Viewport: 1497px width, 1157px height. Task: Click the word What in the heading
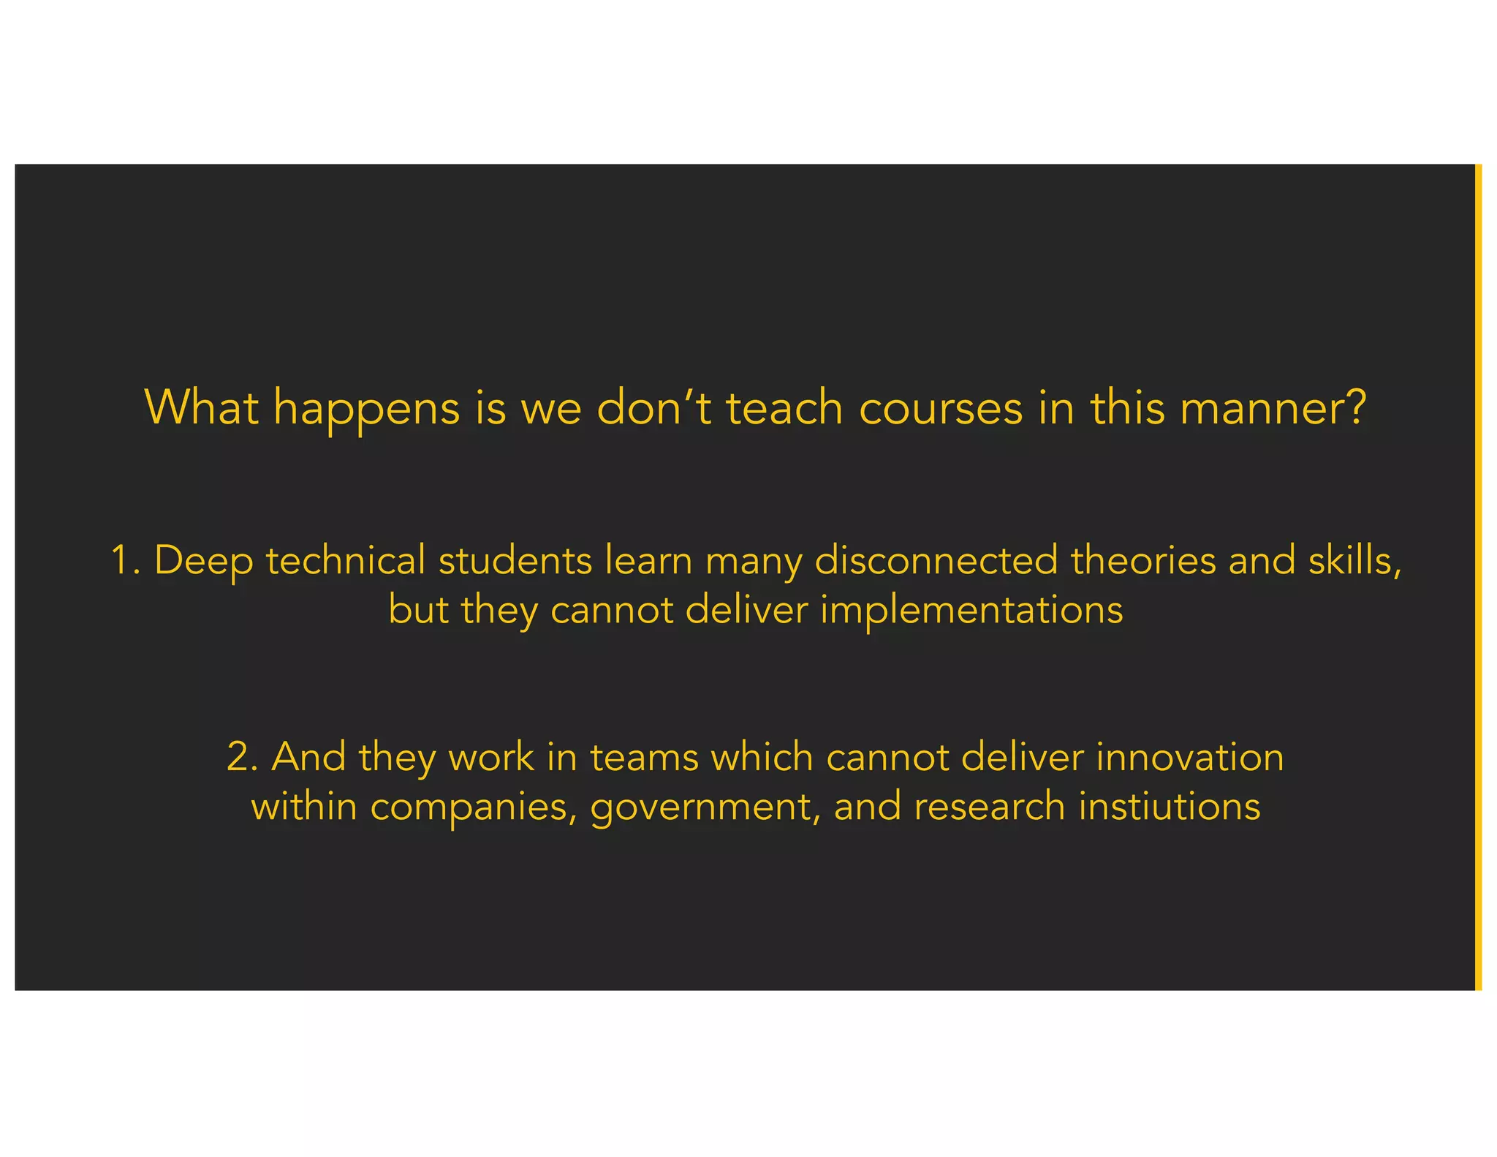202,407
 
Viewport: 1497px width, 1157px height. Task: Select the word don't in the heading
653,407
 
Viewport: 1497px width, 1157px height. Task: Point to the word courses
941,408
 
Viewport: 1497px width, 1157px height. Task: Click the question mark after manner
1357,407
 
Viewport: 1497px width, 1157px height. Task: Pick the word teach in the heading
784,407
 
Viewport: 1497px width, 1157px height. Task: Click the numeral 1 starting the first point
120,561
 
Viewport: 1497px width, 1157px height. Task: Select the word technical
345,561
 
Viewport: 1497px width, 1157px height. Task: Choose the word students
515,561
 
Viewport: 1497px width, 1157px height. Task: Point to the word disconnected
936,561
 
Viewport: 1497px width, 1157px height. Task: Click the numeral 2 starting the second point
239,757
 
